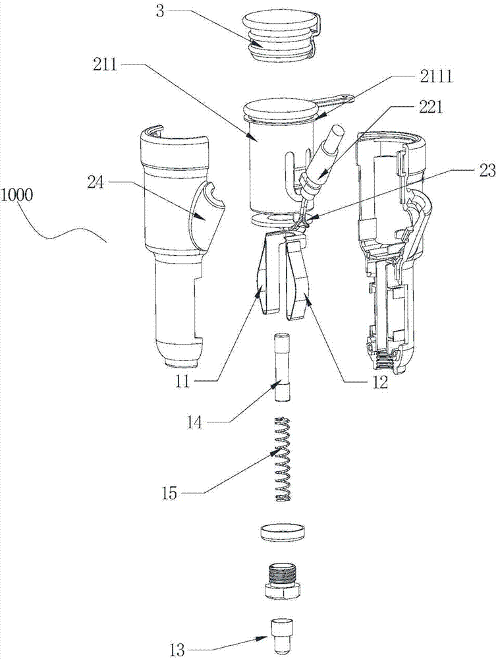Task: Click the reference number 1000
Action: pyautogui.click(x=17, y=196)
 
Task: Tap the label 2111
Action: pyautogui.click(x=436, y=77)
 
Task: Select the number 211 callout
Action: pyautogui.click(x=105, y=65)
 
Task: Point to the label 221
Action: pyautogui.click(x=431, y=108)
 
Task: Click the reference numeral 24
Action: pyautogui.click(x=96, y=183)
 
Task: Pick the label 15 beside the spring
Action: pyautogui.click(x=170, y=492)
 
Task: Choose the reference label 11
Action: pyautogui.click(x=183, y=382)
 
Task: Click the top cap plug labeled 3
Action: pyautogui.click(x=281, y=37)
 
